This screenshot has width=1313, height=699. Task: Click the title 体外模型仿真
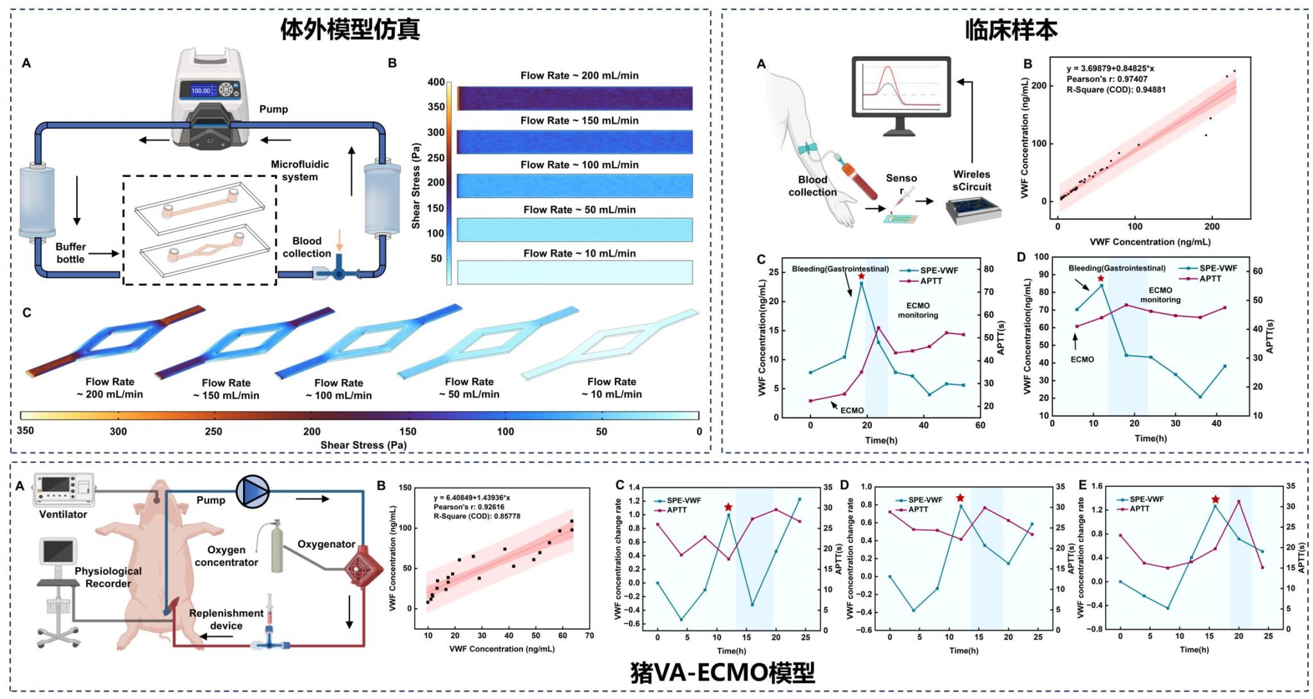pyautogui.click(x=350, y=29)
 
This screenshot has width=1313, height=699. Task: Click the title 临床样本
pyautogui.click(x=1011, y=29)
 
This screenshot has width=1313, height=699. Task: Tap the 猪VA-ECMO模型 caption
pyautogui.click(x=723, y=673)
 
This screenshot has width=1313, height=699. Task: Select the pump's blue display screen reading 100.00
pyautogui.click(x=201, y=90)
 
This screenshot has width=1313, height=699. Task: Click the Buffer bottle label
pyautogui.click(x=70, y=253)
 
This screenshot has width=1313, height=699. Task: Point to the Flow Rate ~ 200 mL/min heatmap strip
pyautogui.click(x=574, y=98)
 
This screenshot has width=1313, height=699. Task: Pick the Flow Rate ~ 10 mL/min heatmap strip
pyautogui.click(x=574, y=272)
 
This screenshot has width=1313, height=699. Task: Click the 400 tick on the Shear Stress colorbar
pyautogui.click(x=436, y=82)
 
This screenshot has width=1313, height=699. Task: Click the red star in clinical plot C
pyautogui.click(x=861, y=276)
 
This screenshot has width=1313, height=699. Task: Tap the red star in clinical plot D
pyautogui.click(x=1101, y=278)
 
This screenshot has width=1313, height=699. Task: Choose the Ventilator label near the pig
pyautogui.click(x=63, y=514)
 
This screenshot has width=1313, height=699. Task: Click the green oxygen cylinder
pyautogui.click(x=277, y=548)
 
